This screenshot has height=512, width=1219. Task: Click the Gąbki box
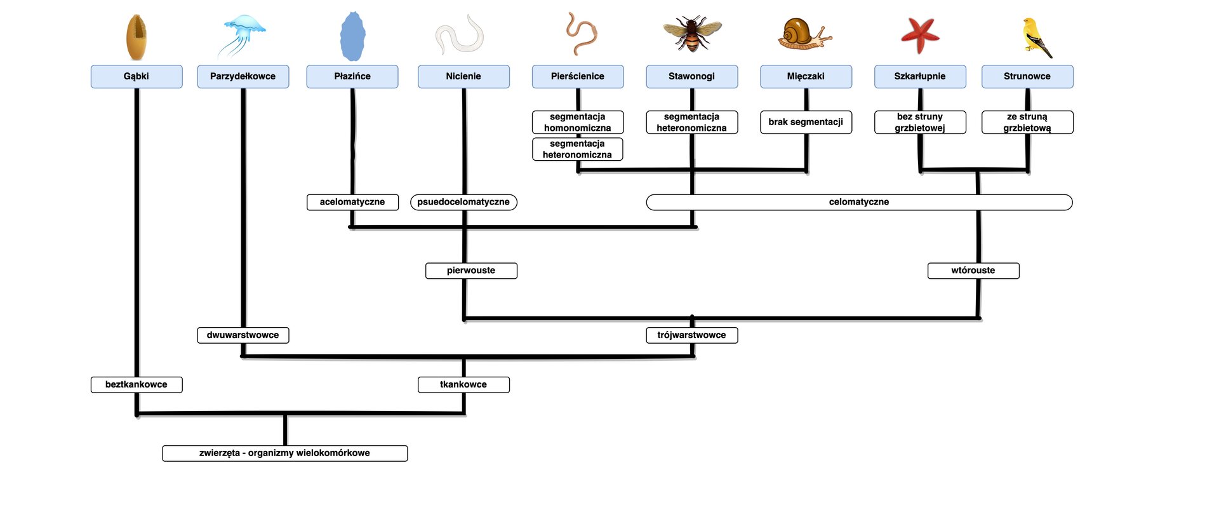point(137,76)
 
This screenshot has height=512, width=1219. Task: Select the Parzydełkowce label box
point(243,76)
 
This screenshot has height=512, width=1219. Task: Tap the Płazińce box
point(352,76)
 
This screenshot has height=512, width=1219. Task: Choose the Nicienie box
point(463,76)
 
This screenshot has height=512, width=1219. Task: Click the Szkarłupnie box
point(920,76)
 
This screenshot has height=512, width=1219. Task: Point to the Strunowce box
point(1027,76)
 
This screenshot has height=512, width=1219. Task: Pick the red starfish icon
point(920,34)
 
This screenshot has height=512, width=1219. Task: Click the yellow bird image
point(1035,37)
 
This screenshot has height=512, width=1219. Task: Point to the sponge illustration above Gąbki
point(137,37)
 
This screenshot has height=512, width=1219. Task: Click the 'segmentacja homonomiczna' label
point(578,122)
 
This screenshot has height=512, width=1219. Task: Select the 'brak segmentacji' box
point(806,122)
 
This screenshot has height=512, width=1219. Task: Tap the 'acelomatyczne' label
point(352,202)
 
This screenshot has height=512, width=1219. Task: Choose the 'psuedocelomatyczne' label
point(463,202)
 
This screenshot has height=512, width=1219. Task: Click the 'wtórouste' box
point(973,271)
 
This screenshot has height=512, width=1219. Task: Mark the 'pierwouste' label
point(471,271)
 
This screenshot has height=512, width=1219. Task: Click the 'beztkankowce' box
point(137,384)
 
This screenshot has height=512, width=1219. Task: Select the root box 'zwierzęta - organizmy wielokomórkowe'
point(284,453)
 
